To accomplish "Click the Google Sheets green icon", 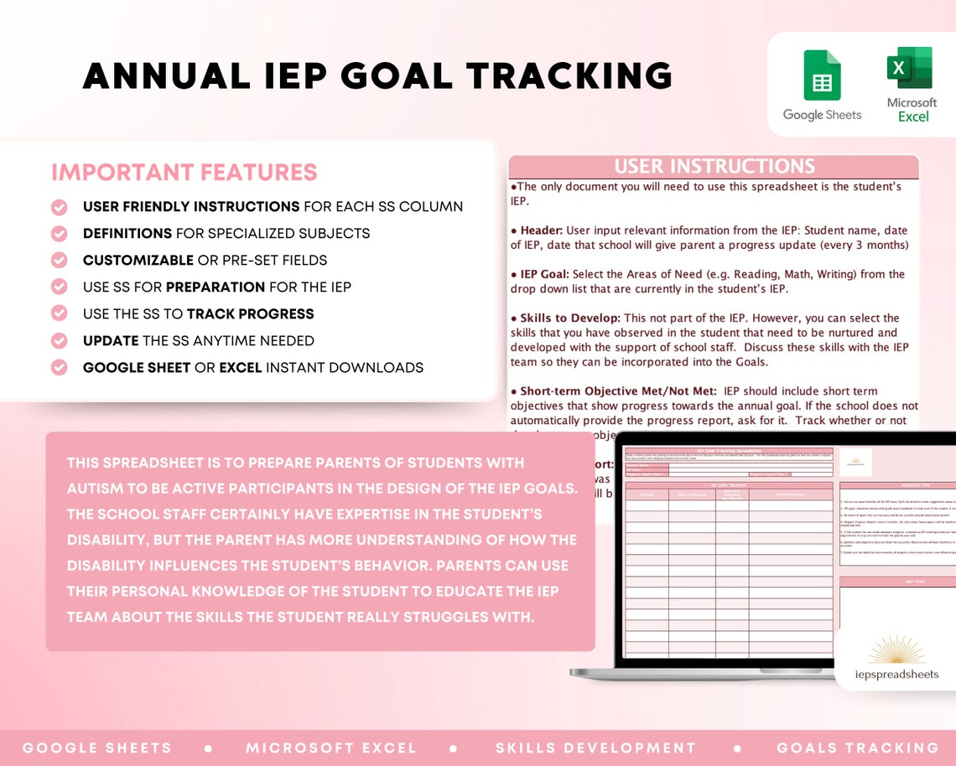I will [822, 75].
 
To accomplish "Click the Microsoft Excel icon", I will [910, 68].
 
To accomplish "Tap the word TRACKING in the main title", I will [569, 75].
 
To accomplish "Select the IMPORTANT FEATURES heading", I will [184, 173].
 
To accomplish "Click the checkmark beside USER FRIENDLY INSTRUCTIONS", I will [60, 207].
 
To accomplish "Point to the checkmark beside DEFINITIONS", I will [60, 234].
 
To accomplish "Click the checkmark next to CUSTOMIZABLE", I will [60, 261].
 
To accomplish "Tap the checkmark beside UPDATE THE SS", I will [60, 341].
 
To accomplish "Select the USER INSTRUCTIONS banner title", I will [714, 166].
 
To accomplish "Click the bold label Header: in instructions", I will [542, 230].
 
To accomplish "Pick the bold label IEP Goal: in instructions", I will [544, 274].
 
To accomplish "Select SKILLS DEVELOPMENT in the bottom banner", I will [595, 748].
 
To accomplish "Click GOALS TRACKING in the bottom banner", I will [857, 748].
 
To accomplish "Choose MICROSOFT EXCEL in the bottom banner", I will [331, 748].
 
